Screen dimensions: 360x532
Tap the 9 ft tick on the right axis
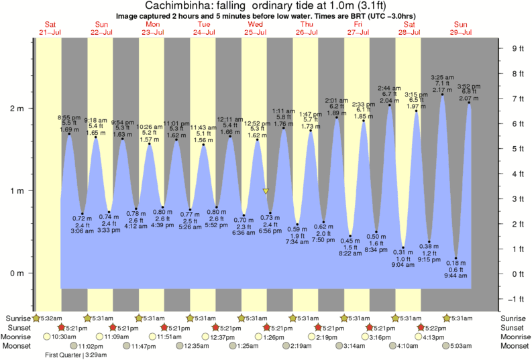point(517,48)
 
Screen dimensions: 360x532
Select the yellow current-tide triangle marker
point(266,191)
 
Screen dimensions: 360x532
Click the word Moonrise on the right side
point(515,337)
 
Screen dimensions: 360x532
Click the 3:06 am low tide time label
point(82,231)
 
